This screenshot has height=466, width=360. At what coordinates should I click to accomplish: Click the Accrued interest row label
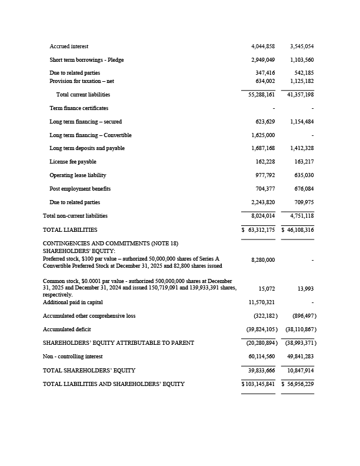click(x=69, y=46)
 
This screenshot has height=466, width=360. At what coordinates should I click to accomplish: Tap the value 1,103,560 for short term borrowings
click(x=301, y=60)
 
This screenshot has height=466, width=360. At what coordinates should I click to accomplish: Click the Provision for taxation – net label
click(x=81, y=81)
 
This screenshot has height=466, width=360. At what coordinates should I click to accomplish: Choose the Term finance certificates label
click(x=79, y=108)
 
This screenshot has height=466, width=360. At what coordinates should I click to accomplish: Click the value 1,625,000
click(x=262, y=135)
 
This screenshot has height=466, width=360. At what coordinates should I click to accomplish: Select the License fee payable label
click(x=73, y=162)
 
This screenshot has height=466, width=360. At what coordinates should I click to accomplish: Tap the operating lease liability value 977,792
click(x=264, y=175)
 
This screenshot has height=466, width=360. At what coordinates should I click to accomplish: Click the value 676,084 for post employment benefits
click(x=303, y=189)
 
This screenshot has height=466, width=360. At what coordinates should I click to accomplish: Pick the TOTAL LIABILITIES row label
click(x=70, y=230)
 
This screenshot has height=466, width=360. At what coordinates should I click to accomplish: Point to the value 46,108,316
click(x=299, y=230)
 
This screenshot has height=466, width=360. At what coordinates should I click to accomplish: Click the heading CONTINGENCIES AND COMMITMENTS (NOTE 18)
click(x=111, y=244)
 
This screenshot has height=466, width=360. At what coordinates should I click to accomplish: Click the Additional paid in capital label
click(x=73, y=302)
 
